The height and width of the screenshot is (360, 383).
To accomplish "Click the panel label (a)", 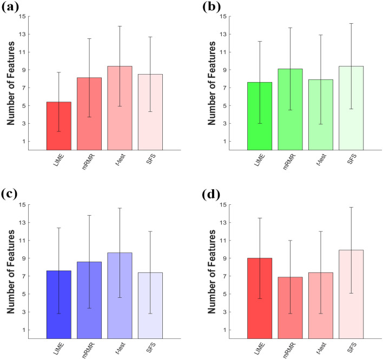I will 11,8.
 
